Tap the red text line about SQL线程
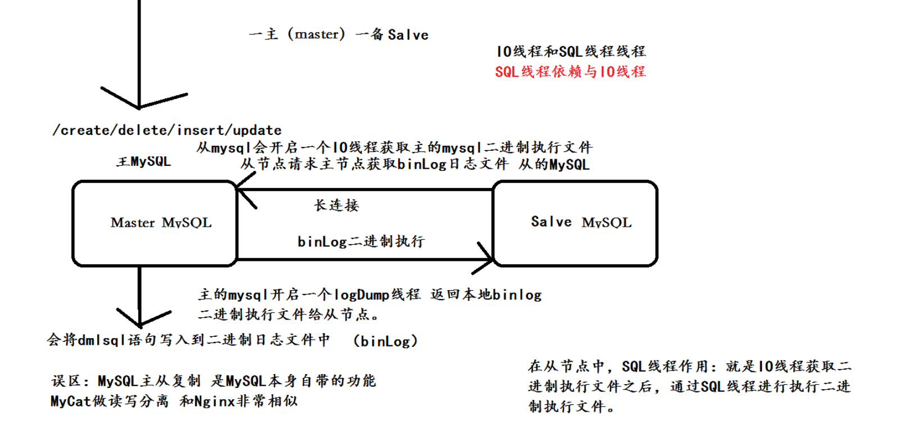click(570, 72)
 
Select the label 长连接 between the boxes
click(336, 205)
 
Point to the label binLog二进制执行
click(361, 242)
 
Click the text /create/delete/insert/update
click(167, 130)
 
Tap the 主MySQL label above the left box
click(143, 162)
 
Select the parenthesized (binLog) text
click(385, 341)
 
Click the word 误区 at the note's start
click(66, 381)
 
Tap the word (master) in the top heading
click(316, 34)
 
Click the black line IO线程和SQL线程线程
click(570, 52)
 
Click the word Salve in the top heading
click(408, 35)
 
